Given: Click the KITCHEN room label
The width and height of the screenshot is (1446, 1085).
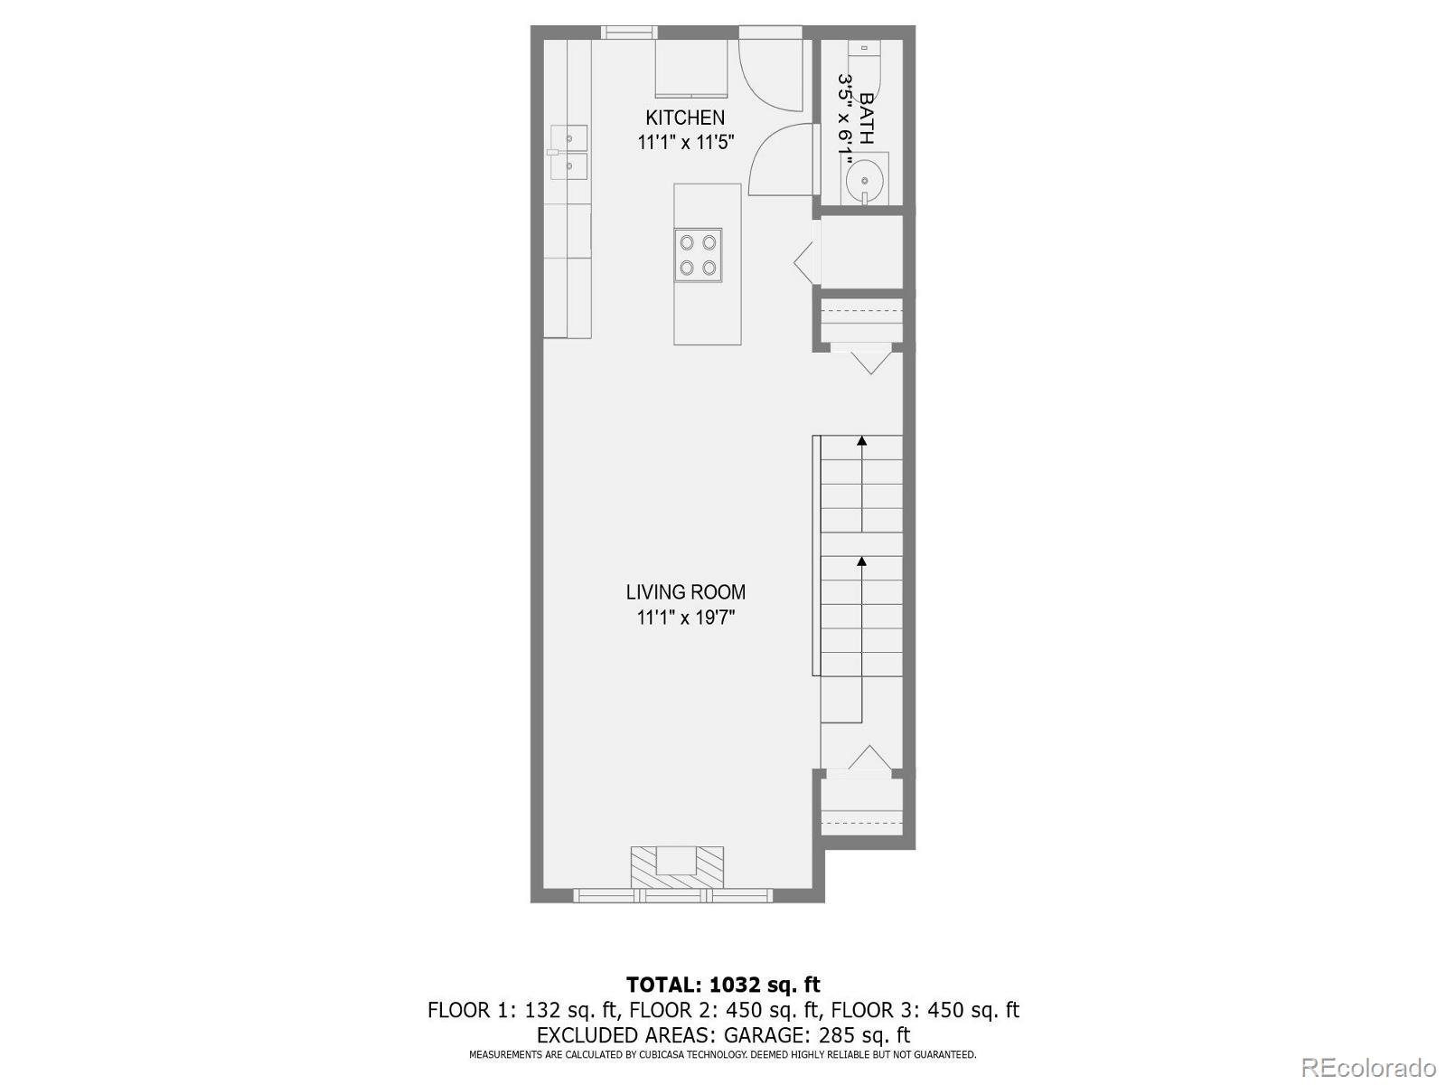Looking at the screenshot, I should pyautogui.click(x=684, y=118).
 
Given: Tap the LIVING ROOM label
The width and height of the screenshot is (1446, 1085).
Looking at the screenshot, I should pyautogui.click(x=685, y=592).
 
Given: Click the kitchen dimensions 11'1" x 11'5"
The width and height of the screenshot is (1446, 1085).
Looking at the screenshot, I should pyautogui.click(x=685, y=142).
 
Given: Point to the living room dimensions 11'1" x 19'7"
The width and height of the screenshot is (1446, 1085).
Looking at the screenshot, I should pyautogui.click(x=685, y=618).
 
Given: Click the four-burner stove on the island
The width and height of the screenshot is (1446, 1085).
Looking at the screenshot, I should pyautogui.click(x=698, y=254).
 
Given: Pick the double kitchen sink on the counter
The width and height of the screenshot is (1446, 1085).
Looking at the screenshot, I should pyautogui.click(x=568, y=153).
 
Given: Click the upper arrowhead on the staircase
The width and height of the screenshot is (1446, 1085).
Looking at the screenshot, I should pyautogui.click(x=862, y=441).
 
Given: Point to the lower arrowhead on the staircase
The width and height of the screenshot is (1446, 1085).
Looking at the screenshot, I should pyautogui.click(x=862, y=561).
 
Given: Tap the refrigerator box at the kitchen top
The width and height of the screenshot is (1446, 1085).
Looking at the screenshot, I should pyautogui.click(x=690, y=68).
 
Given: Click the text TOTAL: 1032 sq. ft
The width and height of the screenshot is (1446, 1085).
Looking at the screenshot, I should pyautogui.click(x=723, y=984).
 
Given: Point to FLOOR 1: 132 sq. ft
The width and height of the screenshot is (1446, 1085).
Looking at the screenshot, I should pyautogui.click(x=521, y=1010).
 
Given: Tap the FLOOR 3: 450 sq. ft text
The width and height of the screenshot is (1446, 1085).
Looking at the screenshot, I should pyautogui.click(x=925, y=1010).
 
